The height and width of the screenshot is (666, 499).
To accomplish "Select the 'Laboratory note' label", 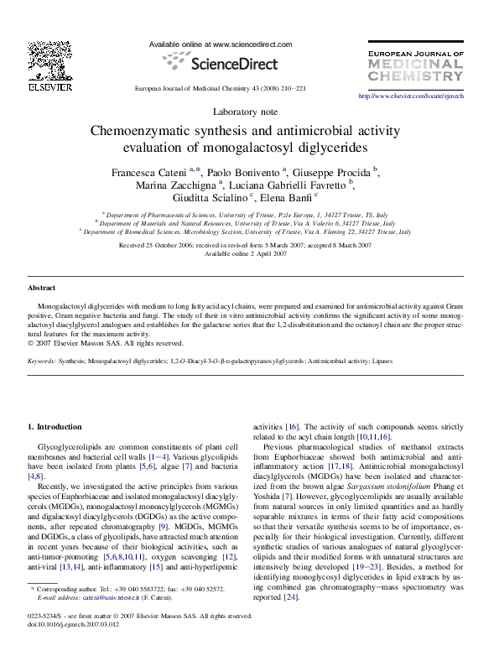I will click(x=249, y=112).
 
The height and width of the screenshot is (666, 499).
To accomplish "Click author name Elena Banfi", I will click(x=290, y=200).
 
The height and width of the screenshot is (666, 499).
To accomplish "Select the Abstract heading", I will click(x=42, y=288).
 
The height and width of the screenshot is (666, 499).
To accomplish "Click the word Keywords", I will click(x=42, y=361).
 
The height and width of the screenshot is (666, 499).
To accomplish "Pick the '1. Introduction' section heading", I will click(x=55, y=427).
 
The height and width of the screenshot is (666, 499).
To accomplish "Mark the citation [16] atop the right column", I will click(x=292, y=427).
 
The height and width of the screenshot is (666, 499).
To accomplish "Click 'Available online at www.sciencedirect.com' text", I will click(x=220, y=44).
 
